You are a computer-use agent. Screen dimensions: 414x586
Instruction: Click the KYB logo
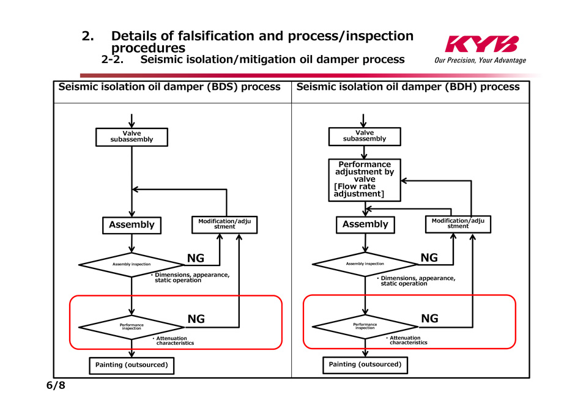481,45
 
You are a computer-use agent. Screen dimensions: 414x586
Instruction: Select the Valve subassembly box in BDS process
132,137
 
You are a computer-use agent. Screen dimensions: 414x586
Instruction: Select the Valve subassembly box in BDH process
364,136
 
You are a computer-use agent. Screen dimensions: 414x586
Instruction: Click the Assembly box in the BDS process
132,225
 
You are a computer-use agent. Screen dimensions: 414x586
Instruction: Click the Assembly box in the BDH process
365,224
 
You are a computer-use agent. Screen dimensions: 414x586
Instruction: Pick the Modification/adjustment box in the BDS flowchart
224,224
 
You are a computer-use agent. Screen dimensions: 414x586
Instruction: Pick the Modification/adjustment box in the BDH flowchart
458,224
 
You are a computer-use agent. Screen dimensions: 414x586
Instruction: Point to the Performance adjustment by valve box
365,179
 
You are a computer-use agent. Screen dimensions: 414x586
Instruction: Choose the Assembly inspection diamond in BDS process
132,264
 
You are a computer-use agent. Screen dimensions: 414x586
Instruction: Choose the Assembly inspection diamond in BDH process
365,264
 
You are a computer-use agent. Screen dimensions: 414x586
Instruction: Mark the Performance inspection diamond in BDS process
132,327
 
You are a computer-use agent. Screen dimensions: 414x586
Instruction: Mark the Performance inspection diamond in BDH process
365,326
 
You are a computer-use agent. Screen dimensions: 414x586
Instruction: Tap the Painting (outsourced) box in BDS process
132,365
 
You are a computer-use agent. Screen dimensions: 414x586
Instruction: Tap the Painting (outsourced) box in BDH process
365,364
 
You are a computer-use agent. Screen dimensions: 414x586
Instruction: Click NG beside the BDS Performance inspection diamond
196,319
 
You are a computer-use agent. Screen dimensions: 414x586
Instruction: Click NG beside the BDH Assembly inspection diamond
429,258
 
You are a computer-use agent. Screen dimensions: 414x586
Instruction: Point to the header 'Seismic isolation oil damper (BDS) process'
169,87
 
